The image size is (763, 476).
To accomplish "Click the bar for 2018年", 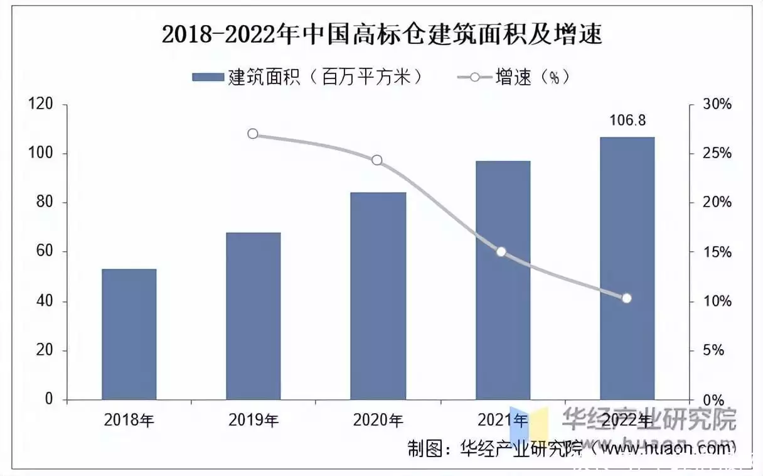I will click(129, 334).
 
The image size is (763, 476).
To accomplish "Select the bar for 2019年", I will click(253, 316).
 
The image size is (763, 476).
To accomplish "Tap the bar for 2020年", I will click(378, 296).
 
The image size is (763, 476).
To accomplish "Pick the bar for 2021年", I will click(503, 280).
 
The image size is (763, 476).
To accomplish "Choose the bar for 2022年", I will click(627, 268).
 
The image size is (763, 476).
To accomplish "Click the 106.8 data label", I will click(627, 120).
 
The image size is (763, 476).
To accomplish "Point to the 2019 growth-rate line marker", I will click(253, 134).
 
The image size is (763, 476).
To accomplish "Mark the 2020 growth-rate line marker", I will click(377, 160).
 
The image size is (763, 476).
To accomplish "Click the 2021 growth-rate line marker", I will click(501, 252).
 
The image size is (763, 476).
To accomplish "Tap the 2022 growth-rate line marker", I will click(626, 298).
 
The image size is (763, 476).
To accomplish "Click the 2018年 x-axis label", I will click(129, 419).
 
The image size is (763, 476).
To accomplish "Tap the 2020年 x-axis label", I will click(378, 419).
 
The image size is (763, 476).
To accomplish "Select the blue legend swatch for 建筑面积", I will click(207, 77).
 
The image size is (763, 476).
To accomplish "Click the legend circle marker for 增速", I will click(474, 77).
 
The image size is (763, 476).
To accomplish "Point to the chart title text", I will click(381, 35).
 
